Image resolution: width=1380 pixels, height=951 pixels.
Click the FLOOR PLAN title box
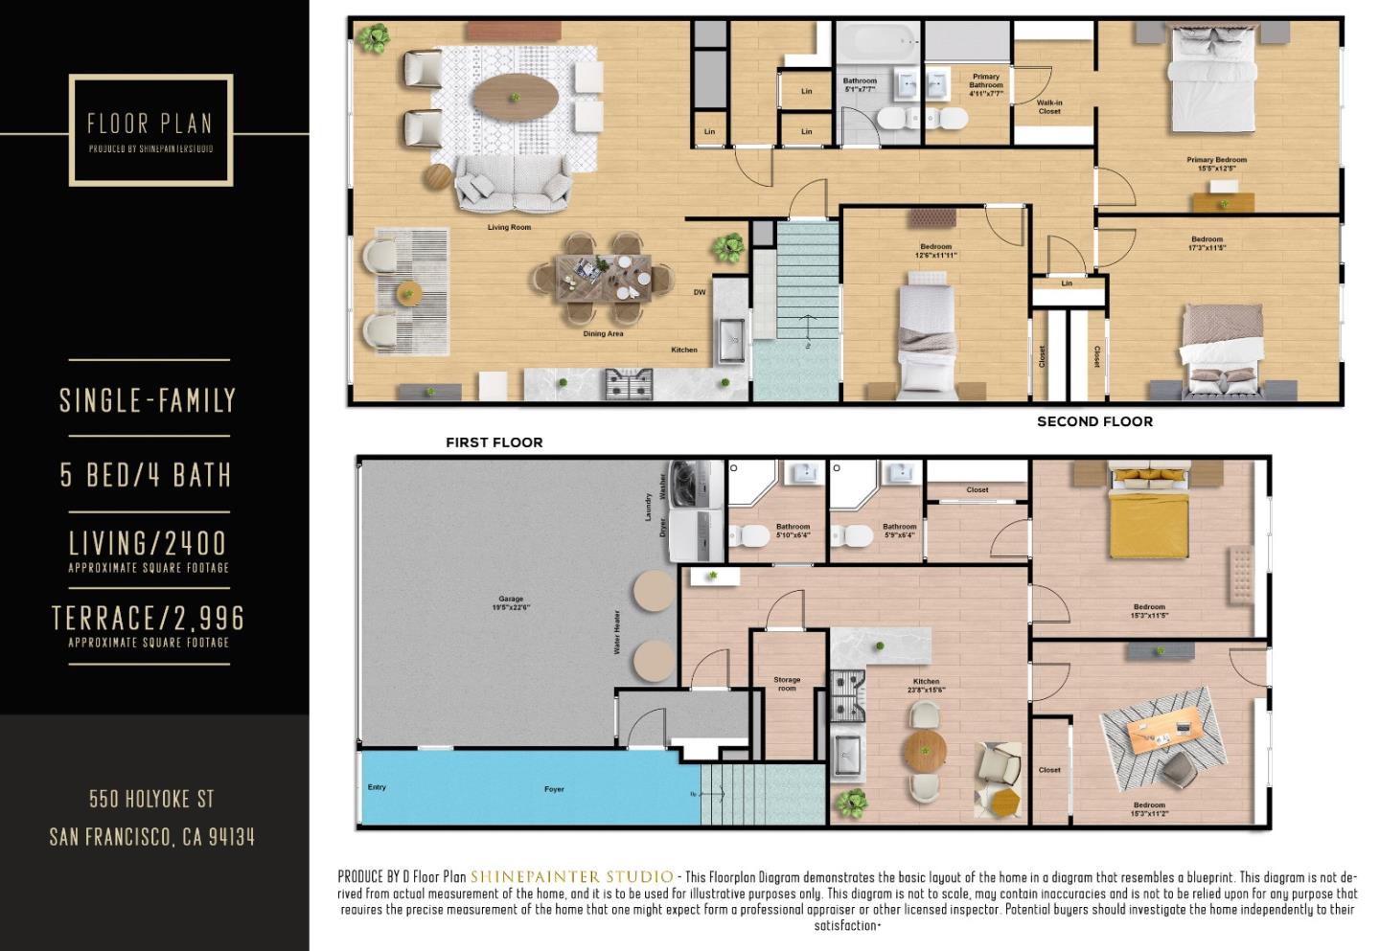pos(150,129)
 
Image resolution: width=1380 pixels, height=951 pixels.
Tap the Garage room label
pos(511,603)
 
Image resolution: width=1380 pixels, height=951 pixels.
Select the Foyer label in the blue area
pos(554,789)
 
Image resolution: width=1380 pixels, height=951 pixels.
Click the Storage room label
pos(787,684)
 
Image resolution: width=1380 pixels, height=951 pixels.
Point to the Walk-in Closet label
pos(1049,106)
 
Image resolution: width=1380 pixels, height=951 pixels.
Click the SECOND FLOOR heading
pos(1094,421)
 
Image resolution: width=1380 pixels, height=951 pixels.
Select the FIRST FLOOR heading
pos(494,442)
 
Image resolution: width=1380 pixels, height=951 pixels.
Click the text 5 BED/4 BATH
pos(146,475)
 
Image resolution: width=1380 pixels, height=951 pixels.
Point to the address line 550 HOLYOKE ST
pos(151,799)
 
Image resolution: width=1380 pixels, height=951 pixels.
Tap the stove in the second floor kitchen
pos(630,385)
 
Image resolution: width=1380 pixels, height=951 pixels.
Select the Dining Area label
pos(603,334)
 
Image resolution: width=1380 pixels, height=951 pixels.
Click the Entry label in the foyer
pos(377,787)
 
